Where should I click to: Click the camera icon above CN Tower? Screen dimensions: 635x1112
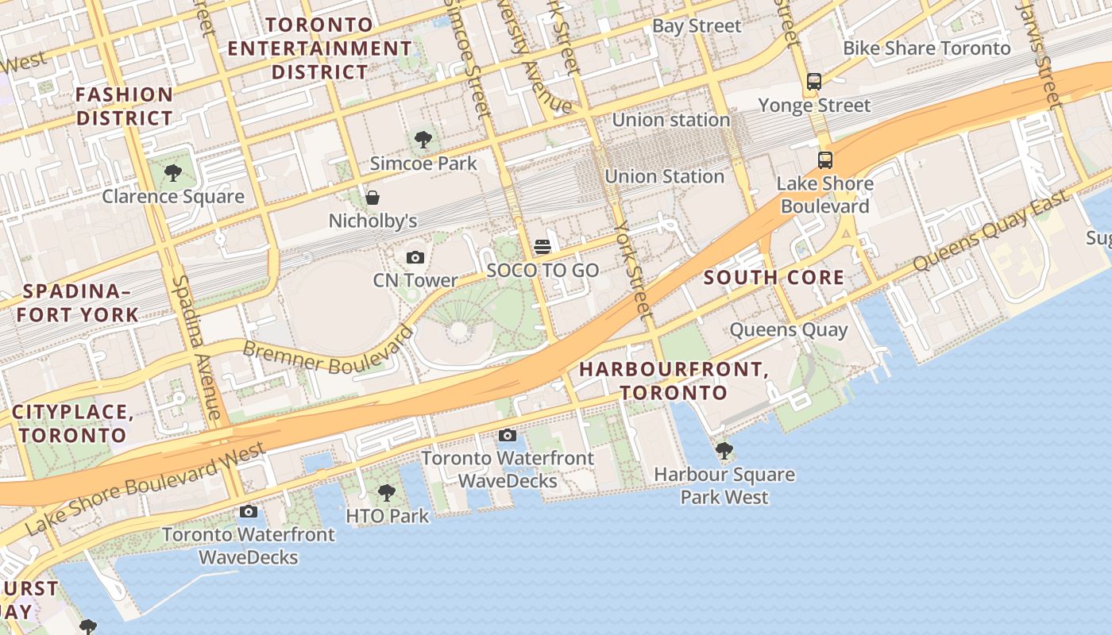tap(415, 257)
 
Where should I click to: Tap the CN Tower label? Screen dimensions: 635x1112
tap(415, 280)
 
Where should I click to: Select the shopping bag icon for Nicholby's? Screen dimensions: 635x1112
tap(372, 198)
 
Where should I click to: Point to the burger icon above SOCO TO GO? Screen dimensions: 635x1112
tap(542, 247)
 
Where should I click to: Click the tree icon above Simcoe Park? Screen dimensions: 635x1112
tap(423, 140)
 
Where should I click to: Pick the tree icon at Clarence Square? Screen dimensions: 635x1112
tap(172, 173)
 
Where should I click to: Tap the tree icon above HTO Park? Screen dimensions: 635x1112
tap(387, 493)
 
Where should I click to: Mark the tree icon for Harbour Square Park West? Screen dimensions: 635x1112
tap(724, 451)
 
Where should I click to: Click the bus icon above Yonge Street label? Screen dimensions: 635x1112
tap(814, 81)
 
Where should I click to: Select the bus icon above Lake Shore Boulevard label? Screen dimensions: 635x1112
tap(825, 160)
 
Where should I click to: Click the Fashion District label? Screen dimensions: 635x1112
tap(124, 106)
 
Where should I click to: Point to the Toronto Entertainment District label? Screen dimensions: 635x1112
tap(320, 48)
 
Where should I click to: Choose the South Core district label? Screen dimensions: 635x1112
tap(774, 278)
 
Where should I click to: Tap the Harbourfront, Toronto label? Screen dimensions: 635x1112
tap(673, 381)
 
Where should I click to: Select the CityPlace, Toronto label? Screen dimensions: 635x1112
tap(72, 423)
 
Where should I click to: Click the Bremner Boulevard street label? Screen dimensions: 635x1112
tap(327, 351)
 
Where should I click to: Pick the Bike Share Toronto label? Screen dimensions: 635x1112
tap(926, 48)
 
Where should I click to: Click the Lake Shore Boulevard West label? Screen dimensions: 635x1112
tap(145, 487)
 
